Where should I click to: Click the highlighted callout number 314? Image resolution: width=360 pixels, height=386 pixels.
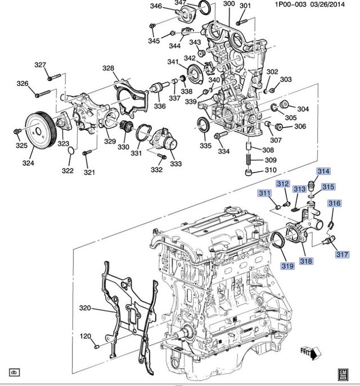tap(323, 171)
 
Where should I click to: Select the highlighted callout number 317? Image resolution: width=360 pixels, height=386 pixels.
tap(343, 255)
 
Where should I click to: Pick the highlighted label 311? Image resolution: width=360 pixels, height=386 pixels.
tap(264, 194)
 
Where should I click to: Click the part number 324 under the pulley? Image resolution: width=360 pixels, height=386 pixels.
tap(28, 163)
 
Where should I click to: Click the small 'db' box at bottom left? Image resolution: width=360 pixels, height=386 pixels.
tap(14, 372)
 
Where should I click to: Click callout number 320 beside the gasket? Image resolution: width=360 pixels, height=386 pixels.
tap(84, 308)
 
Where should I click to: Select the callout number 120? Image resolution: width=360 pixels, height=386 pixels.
tap(84, 337)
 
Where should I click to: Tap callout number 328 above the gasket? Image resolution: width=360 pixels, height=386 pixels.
tap(107, 68)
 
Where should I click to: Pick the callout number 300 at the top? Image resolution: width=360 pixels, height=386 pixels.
tap(228, 4)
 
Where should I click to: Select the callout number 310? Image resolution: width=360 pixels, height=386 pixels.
tap(271, 170)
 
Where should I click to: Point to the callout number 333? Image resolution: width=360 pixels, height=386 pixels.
tap(175, 164)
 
